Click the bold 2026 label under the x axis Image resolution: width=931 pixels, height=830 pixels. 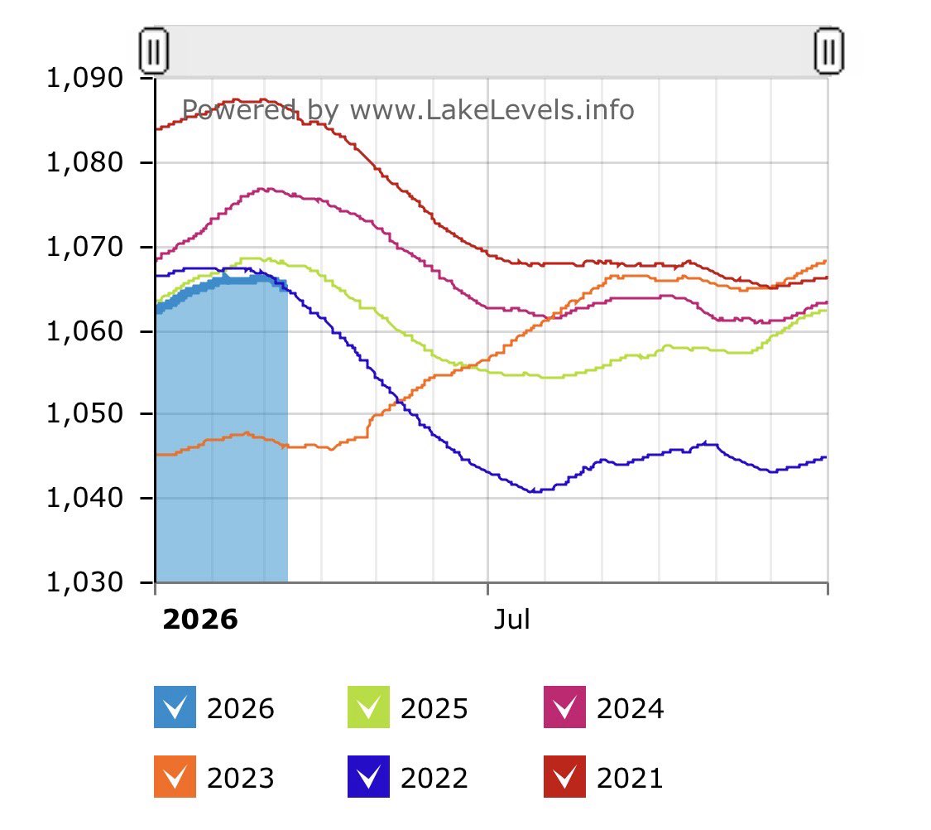(x=199, y=620)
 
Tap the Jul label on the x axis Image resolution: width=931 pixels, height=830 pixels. (x=511, y=620)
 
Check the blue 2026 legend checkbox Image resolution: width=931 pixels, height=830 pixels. (x=175, y=708)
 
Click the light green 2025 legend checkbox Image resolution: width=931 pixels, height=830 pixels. (x=368, y=708)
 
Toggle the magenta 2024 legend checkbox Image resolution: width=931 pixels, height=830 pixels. (x=564, y=708)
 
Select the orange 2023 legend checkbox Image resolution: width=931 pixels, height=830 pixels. (x=175, y=777)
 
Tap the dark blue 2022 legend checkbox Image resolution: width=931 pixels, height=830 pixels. (x=368, y=777)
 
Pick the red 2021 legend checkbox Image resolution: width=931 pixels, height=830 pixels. (x=564, y=777)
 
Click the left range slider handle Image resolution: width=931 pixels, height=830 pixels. (x=154, y=51)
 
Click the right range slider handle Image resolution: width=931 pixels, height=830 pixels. (x=828, y=51)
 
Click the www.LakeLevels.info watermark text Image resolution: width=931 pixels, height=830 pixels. (x=492, y=110)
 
